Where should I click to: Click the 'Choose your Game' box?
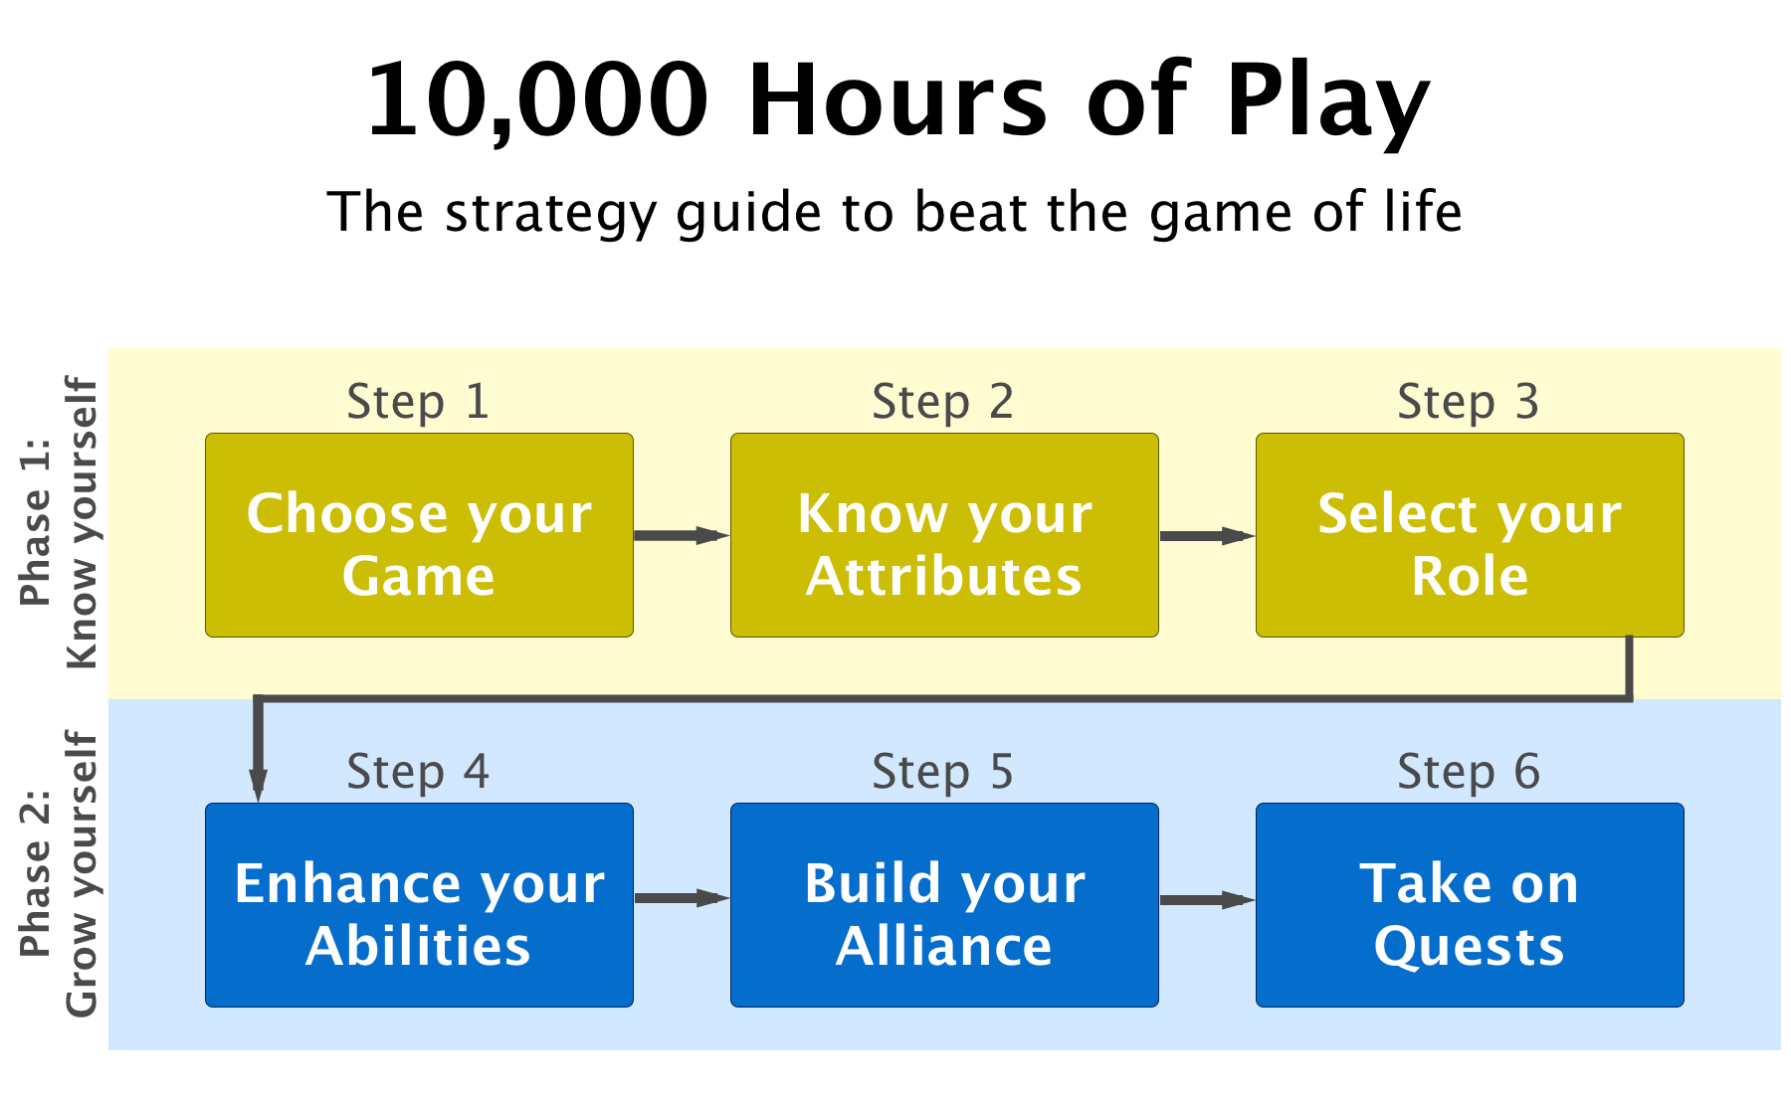point(419,535)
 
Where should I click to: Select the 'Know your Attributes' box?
point(944,535)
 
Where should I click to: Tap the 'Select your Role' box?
point(1470,535)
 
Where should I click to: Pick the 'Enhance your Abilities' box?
point(419,905)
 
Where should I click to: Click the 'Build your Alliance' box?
point(944,905)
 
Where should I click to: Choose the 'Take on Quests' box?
point(1470,905)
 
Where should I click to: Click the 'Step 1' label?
point(418,403)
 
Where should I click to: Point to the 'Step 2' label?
point(943,403)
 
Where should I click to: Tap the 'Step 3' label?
point(1469,403)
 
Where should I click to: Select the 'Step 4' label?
point(418,773)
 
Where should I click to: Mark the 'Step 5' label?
point(943,773)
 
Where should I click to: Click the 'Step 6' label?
point(1469,773)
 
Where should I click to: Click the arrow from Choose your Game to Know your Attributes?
point(682,535)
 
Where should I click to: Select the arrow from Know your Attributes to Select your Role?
point(1207,535)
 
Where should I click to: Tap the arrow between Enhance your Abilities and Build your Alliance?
point(682,898)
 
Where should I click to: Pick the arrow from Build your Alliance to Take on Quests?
point(1207,899)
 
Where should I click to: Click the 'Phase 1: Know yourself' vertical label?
point(60,522)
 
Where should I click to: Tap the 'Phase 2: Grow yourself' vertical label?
point(60,874)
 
